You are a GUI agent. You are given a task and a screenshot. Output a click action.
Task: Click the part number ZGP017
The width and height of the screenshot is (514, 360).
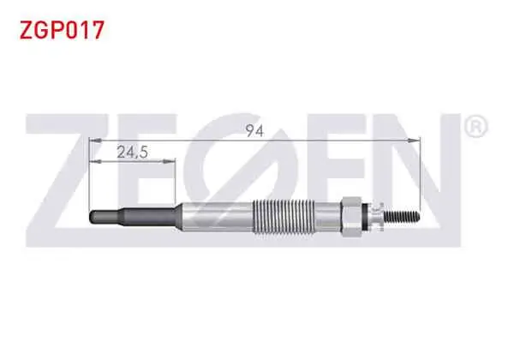pos(62,30)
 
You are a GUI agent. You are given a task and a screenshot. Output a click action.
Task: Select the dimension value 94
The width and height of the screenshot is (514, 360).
pos(254,131)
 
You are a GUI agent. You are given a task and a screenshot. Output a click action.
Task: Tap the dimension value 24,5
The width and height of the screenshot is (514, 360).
pos(133,152)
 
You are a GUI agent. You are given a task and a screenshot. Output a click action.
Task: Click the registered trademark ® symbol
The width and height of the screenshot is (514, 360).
pos(476,127)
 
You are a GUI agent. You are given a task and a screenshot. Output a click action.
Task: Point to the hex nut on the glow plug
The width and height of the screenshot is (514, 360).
pos(351,217)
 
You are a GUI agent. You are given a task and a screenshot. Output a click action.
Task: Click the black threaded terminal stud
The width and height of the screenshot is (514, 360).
pos(402,216)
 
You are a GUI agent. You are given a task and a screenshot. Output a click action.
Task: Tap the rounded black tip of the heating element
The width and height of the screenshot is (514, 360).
pos(93,217)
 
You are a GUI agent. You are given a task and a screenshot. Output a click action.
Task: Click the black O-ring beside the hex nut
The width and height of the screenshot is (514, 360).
pos(365,217)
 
